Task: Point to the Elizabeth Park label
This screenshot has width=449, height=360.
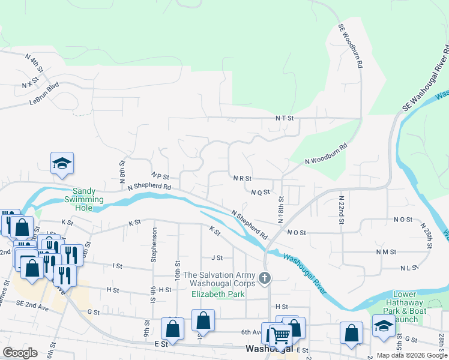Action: click(218, 294)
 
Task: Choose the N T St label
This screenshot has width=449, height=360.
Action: click(284, 119)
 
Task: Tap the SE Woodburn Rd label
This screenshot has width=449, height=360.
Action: click(351, 45)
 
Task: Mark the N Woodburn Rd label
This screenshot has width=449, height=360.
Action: click(326, 154)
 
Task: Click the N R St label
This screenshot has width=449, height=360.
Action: click(241, 178)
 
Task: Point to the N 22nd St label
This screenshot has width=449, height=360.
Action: click(341, 209)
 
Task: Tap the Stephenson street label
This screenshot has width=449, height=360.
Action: click(155, 244)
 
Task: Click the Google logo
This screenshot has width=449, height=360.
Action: click(20, 353)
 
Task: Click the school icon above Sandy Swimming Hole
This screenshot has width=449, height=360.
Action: click(61, 164)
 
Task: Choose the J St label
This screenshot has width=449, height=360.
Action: click(217, 257)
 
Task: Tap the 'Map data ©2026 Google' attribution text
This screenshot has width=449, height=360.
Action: click(412, 355)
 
